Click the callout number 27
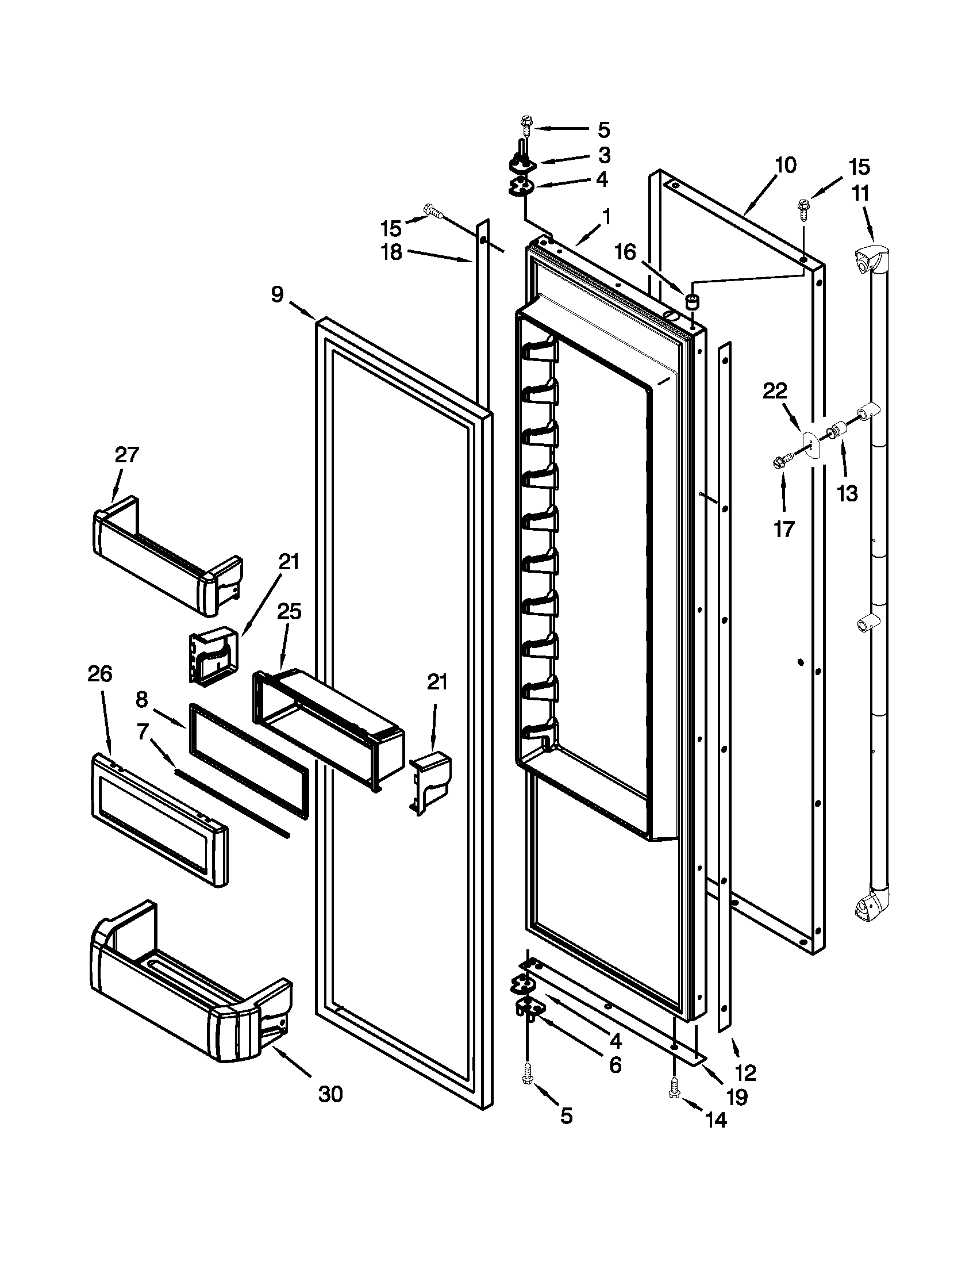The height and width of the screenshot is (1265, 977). point(126,455)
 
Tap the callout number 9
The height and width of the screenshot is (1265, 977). point(278,295)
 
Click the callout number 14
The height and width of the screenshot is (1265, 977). point(716,1120)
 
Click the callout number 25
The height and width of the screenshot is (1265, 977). point(290,612)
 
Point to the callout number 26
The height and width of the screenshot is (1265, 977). point(99,674)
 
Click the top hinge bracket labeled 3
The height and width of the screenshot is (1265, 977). point(522,165)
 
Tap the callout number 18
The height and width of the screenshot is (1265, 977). point(392,252)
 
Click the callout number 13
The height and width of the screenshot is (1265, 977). point(847,493)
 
